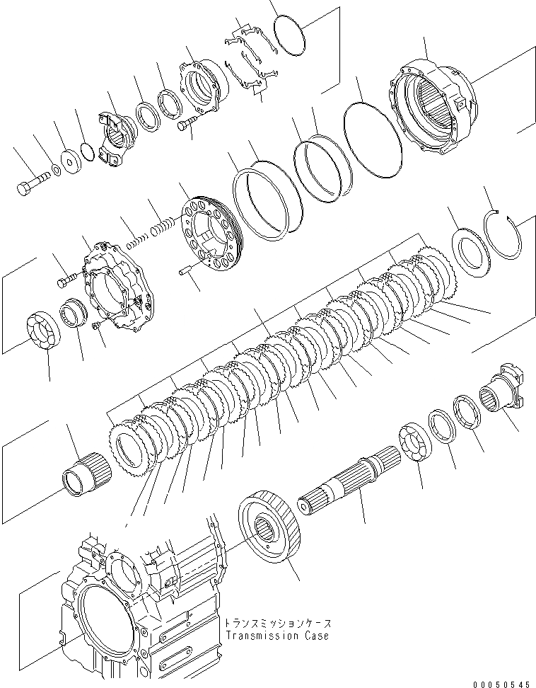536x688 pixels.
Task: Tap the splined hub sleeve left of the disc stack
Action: click(86, 471)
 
